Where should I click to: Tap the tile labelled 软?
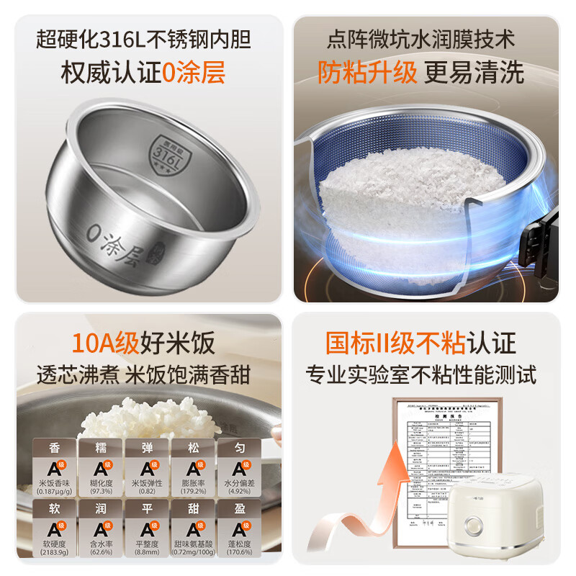(x=55, y=529)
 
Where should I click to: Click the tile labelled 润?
(x=101, y=529)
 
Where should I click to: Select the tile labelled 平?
(x=147, y=529)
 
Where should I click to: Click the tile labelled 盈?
(x=239, y=529)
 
